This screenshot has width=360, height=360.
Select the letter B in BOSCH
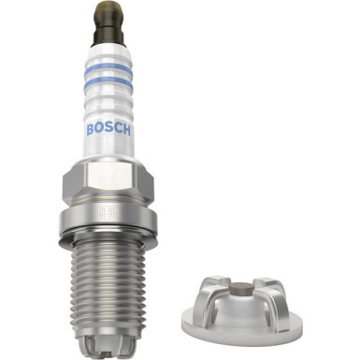tap(90, 129)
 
